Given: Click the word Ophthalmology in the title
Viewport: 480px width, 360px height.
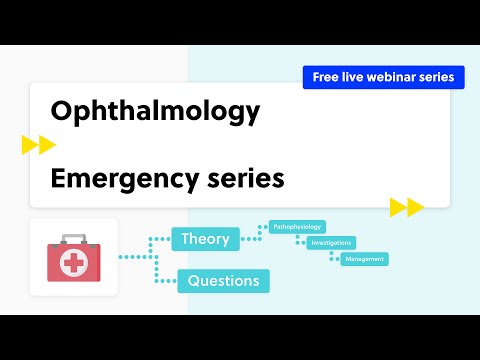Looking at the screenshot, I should [x=154, y=112].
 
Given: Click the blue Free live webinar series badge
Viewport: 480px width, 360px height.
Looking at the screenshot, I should [x=383, y=77].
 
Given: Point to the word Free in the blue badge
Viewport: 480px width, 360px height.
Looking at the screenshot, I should [x=325, y=77].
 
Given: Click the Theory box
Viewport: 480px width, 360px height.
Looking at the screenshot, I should [x=205, y=238].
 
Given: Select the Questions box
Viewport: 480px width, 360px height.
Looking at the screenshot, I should [x=223, y=281].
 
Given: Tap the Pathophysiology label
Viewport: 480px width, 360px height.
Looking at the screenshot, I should [x=298, y=227].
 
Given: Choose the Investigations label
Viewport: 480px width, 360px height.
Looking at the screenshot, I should [x=331, y=243].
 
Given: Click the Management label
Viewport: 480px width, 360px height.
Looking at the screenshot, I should [x=364, y=259].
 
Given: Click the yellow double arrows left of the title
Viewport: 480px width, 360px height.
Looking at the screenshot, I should [x=39, y=146].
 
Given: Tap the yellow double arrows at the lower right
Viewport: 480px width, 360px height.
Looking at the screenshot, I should [x=407, y=207].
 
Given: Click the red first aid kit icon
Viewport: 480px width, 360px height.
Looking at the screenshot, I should [x=73, y=257].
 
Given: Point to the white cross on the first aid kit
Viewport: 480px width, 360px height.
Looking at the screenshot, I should [x=73, y=262].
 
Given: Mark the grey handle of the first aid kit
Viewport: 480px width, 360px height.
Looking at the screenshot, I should [x=73, y=237].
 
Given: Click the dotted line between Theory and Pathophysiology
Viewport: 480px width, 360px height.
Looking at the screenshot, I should [x=253, y=233].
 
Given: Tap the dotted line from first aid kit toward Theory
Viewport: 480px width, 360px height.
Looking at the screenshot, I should [x=135, y=257].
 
